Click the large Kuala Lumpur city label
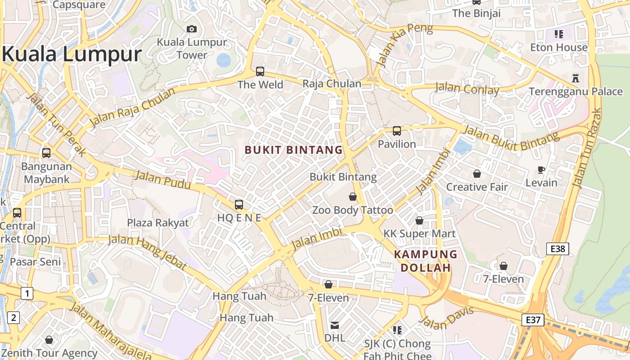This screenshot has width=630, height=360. (72, 54)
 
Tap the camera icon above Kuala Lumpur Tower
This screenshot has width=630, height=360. (192, 29)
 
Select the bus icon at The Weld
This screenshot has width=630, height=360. (260, 71)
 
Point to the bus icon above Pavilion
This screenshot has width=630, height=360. (396, 131)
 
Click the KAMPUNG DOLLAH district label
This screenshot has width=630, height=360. (425, 261)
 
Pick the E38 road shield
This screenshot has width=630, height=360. (558, 249)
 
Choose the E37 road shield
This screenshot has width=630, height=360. (533, 320)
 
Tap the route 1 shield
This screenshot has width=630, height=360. (27, 294)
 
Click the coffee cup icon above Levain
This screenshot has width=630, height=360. (541, 170)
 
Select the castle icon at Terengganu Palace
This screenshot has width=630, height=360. (575, 78)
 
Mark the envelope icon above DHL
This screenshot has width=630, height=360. (335, 325)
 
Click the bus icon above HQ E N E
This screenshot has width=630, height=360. (239, 205)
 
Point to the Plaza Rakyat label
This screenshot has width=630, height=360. (158, 223)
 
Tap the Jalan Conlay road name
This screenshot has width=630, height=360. (467, 89)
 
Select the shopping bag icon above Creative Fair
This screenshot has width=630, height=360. (477, 174)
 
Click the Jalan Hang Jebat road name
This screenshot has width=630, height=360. (148, 252)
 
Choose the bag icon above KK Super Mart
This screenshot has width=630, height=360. (419, 220)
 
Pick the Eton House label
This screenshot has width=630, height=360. (559, 47)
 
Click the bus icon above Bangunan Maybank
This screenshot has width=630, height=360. (46, 153)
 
